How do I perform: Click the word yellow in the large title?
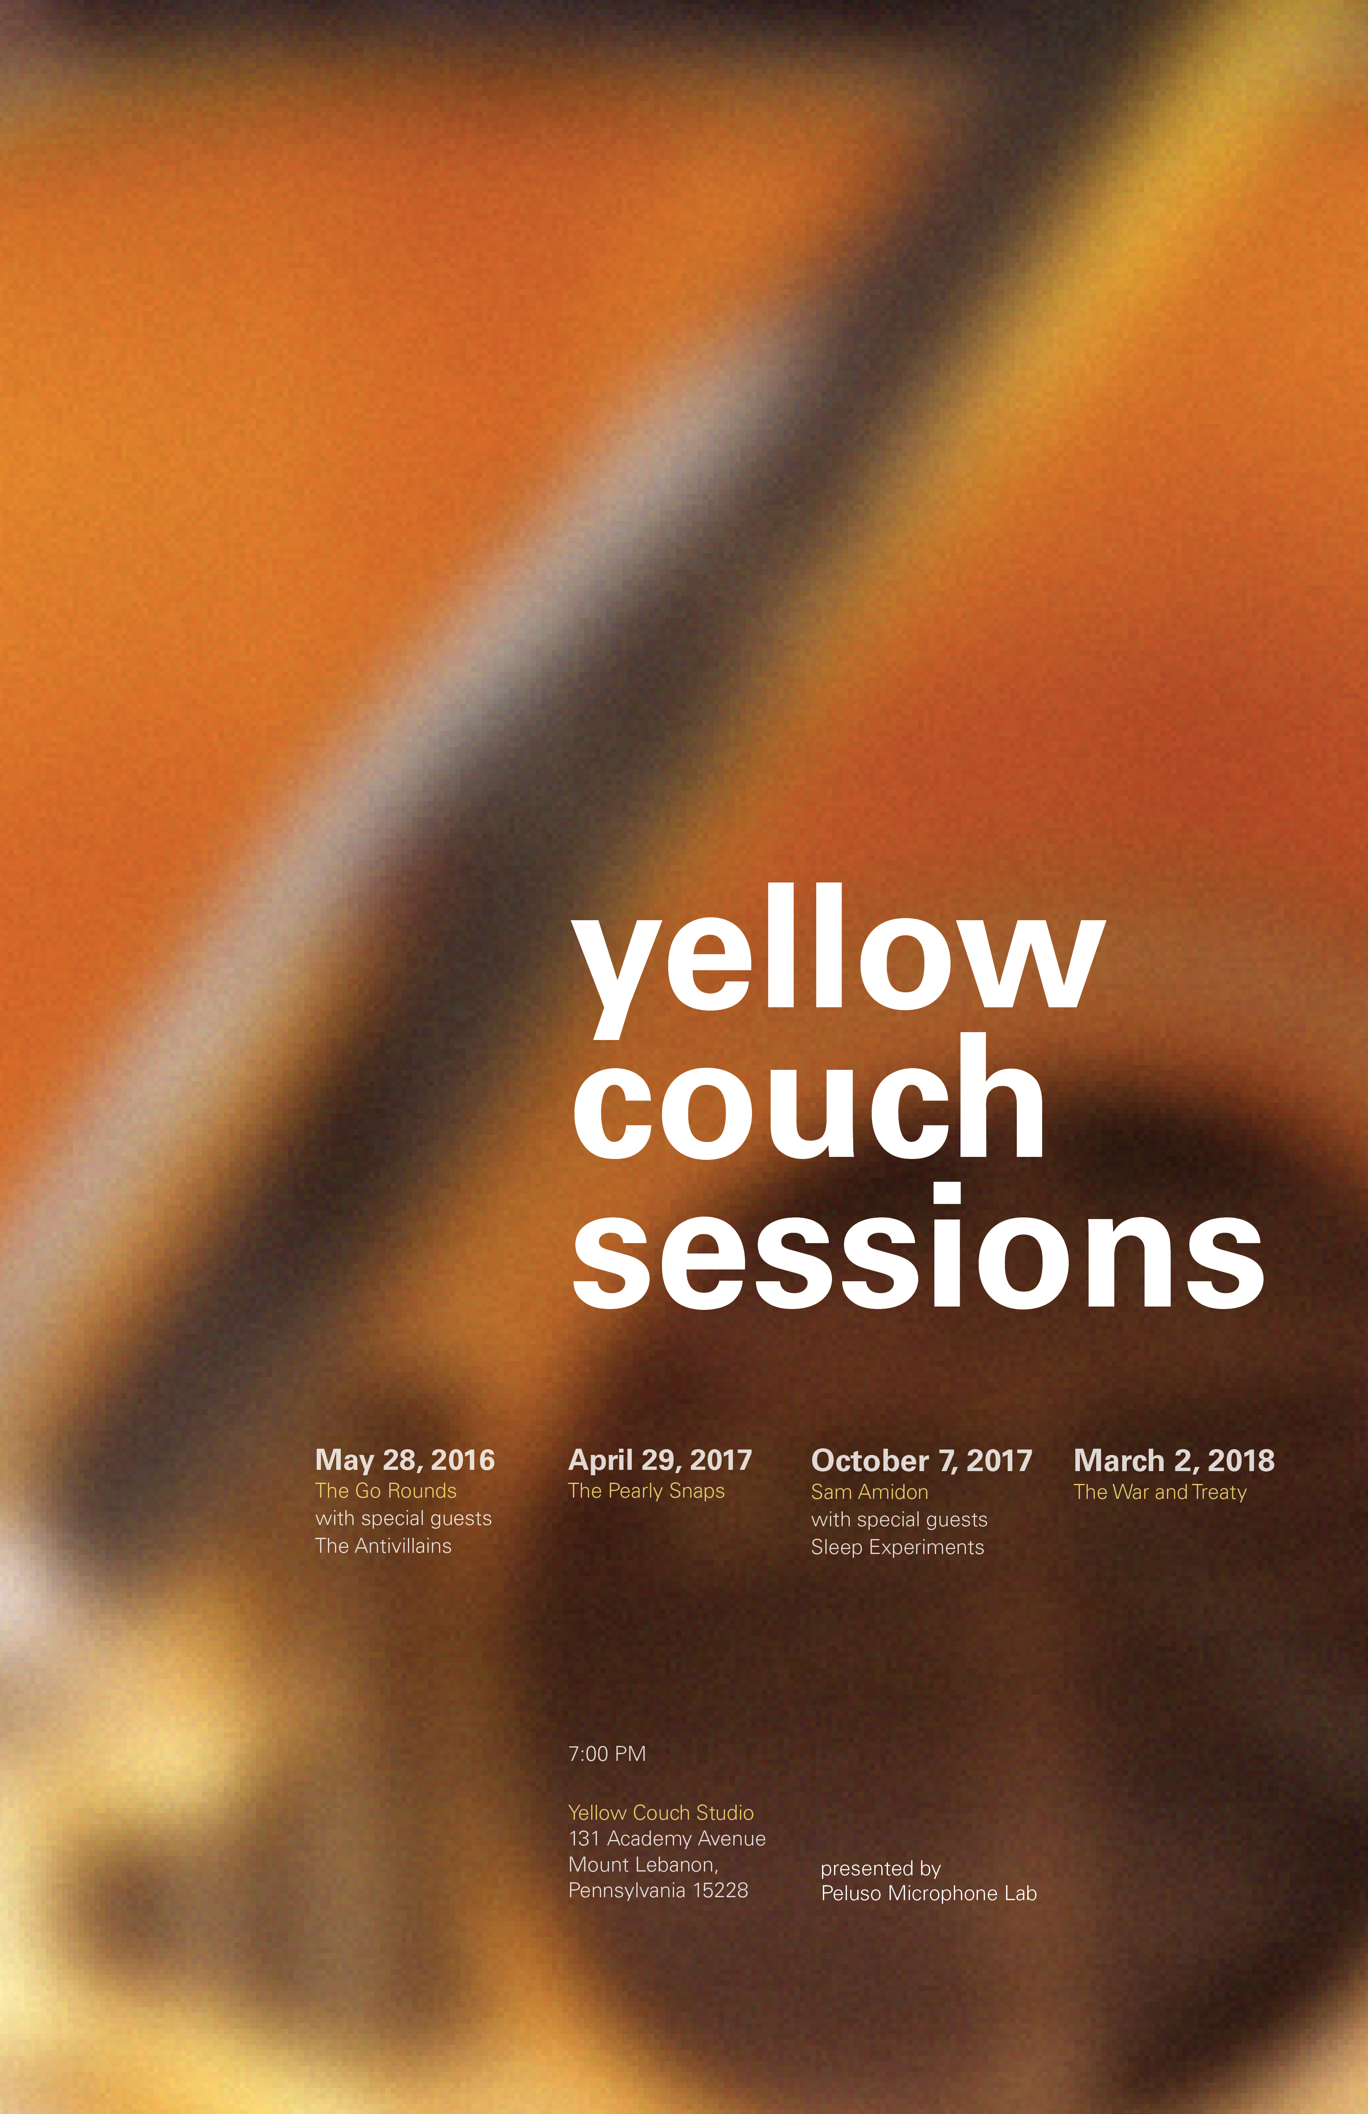[x=839, y=961]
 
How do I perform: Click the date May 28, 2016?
[x=405, y=1460]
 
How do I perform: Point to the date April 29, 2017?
[x=660, y=1460]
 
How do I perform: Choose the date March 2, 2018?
[x=1174, y=1460]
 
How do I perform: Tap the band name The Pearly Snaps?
[x=647, y=1491]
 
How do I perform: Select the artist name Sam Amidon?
[x=870, y=1492]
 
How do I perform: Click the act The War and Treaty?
[x=1160, y=1492]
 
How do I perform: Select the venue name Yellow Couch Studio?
[x=661, y=1813]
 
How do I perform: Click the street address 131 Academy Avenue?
[x=667, y=1839]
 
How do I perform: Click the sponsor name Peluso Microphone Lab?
[x=929, y=1894]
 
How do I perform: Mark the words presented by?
[x=880, y=1869]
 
